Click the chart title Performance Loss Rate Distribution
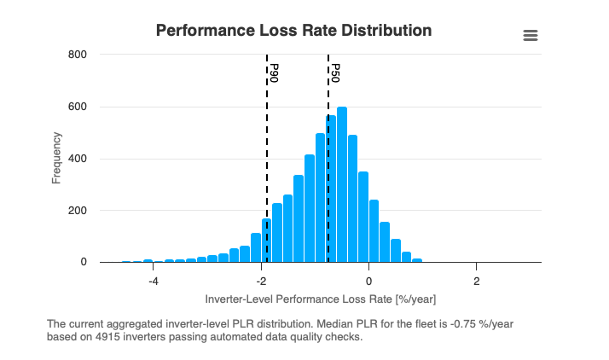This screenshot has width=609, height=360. (x=293, y=31)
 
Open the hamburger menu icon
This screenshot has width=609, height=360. (x=531, y=35)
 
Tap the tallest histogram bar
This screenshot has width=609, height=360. (x=342, y=184)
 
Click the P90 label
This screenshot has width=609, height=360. (x=274, y=73)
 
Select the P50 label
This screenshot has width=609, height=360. (x=335, y=73)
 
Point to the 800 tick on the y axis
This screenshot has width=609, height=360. (x=78, y=55)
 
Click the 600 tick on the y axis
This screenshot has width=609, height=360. (x=78, y=107)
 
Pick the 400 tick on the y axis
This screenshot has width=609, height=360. (x=78, y=159)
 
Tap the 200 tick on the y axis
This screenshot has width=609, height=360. (x=78, y=211)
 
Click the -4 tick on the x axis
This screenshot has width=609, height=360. (x=153, y=280)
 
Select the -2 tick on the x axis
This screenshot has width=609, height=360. (x=260, y=280)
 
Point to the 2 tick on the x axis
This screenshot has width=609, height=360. (x=477, y=280)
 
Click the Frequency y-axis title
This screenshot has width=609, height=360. (x=56, y=158)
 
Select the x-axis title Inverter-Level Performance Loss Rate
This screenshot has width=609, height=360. (x=321, y=300)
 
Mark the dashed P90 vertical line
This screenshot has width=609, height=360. (x=267, y=171)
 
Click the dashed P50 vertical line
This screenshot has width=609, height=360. (x=328, y=171)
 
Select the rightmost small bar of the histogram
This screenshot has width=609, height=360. (x=417, y=259)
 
